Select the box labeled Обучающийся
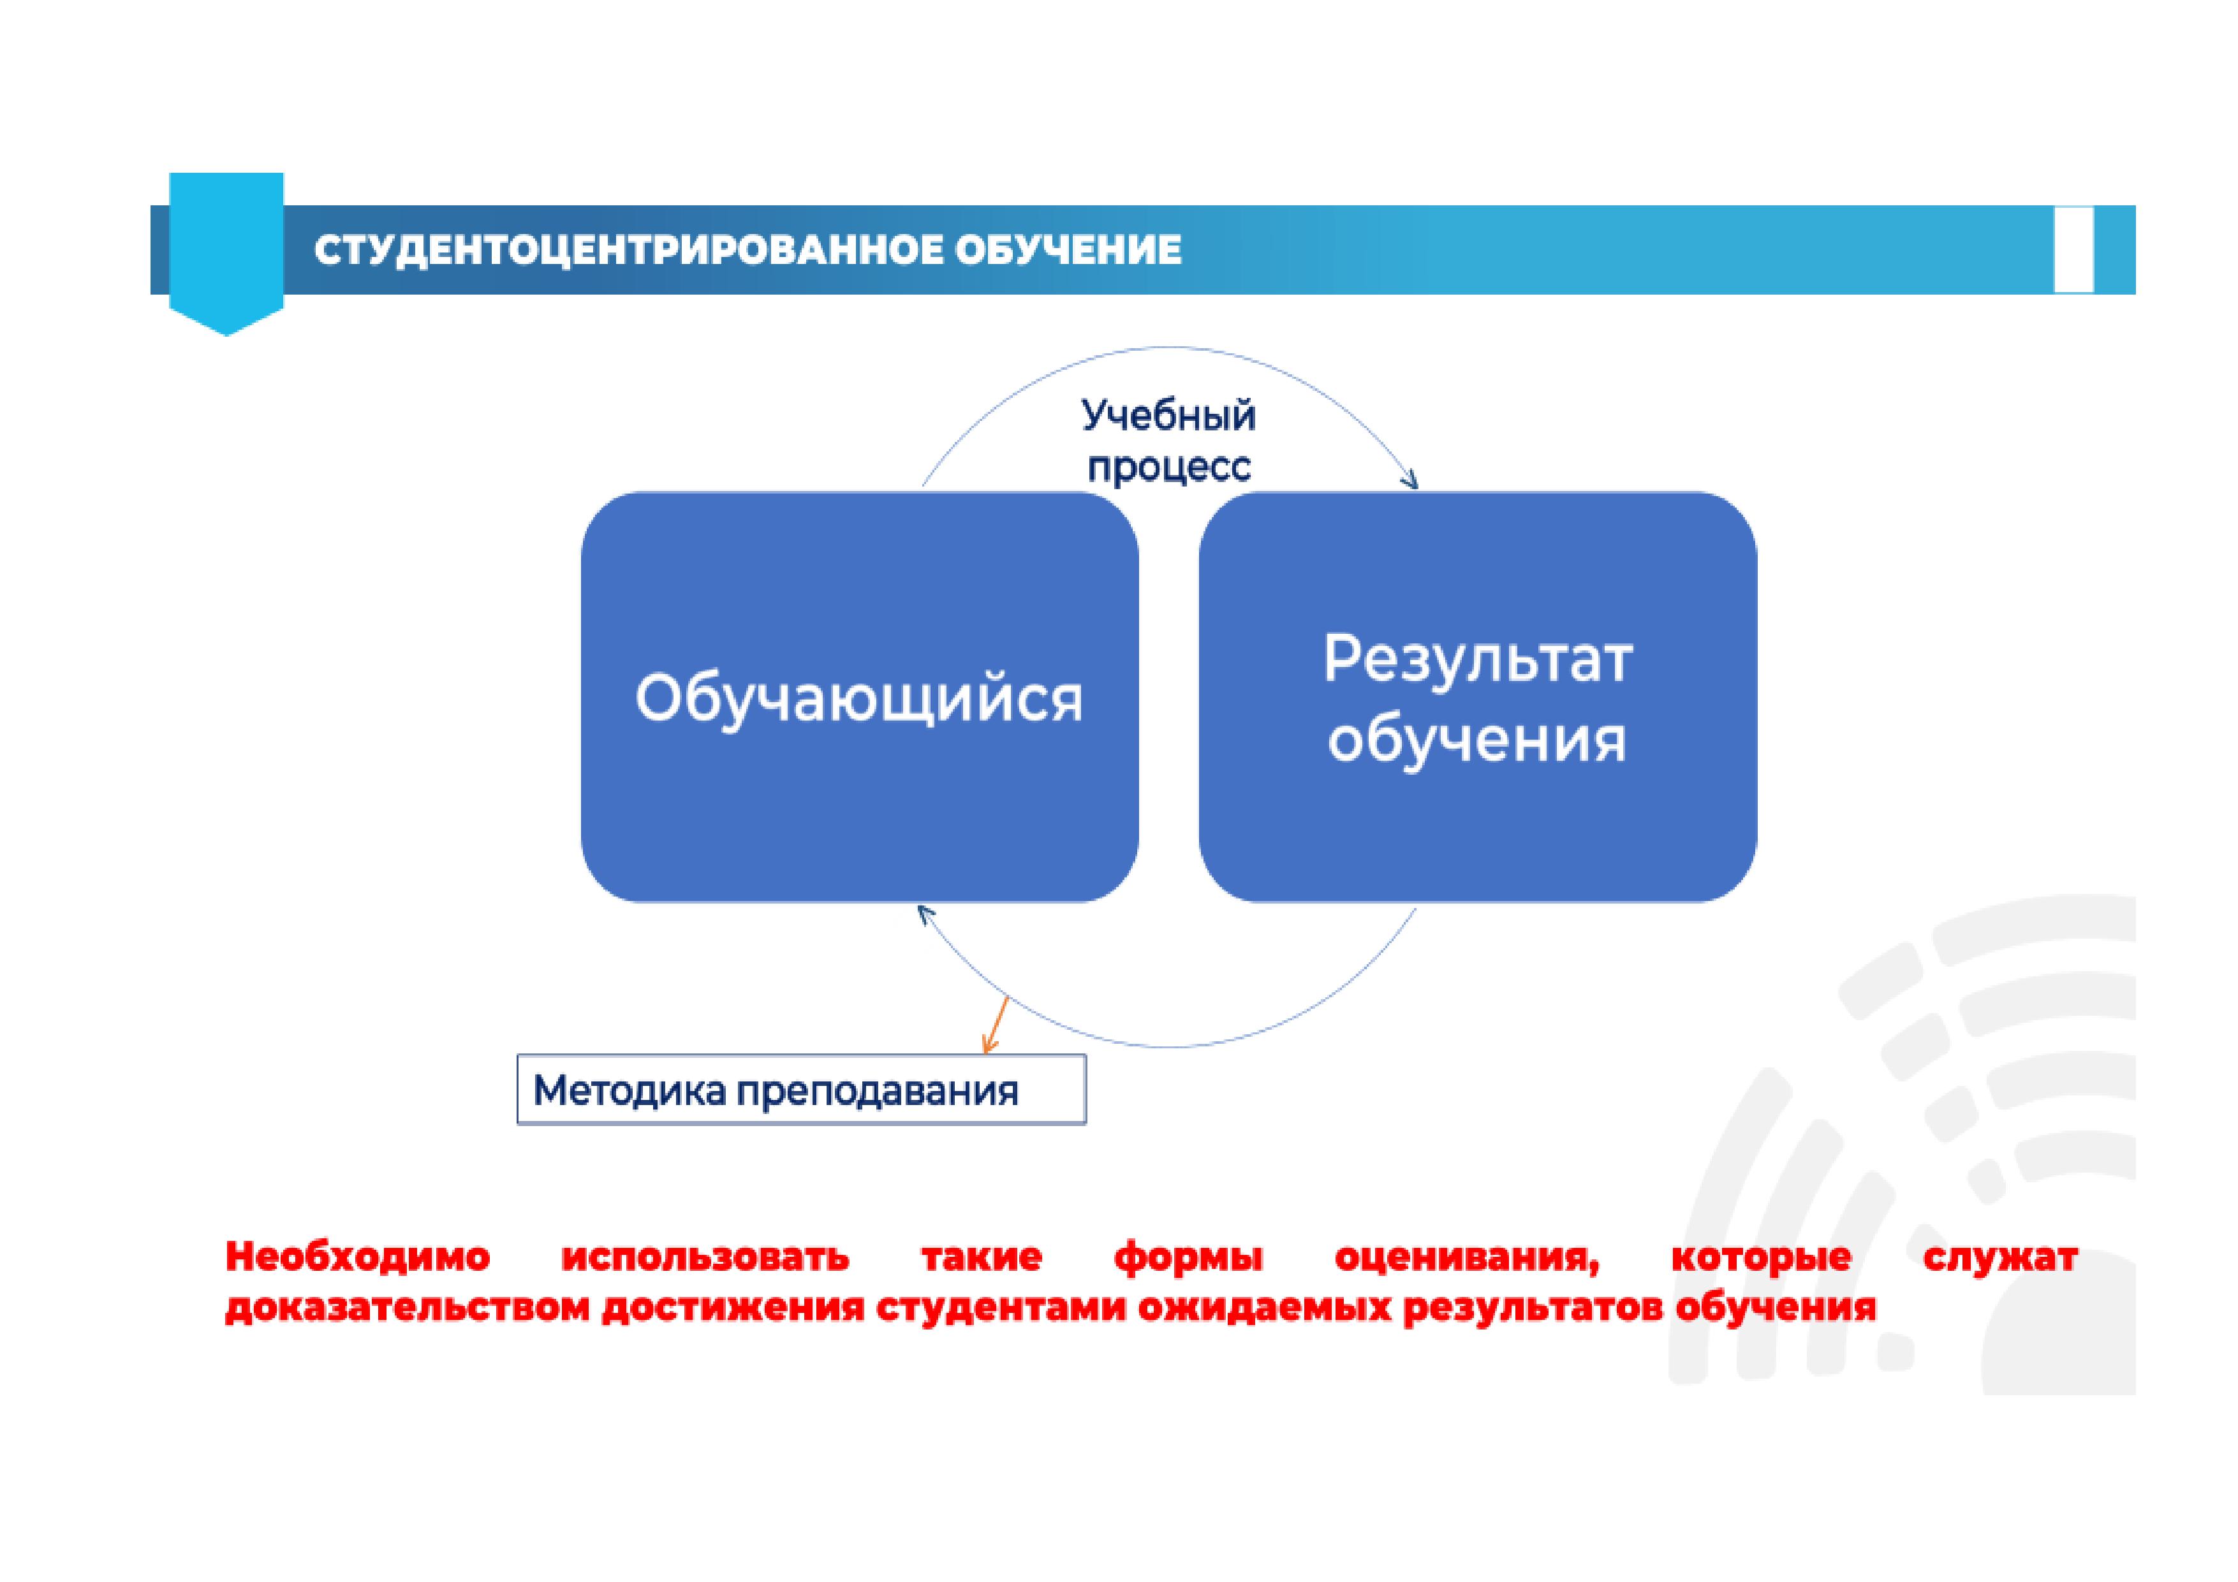click(x=860, y=697)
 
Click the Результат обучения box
click(x=1478, y=697)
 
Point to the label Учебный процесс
click(x=1168, y=441)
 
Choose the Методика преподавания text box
click(x=801, y=1089)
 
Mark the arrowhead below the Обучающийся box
click(x=925, y=914)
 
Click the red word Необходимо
click(x=358, y=1257)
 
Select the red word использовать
click(x=705, y=1257)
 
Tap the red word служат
click(x=2000, y=1258)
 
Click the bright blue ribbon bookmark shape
click(x=226, y=253)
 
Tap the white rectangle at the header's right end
click(x=2073, y=249)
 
